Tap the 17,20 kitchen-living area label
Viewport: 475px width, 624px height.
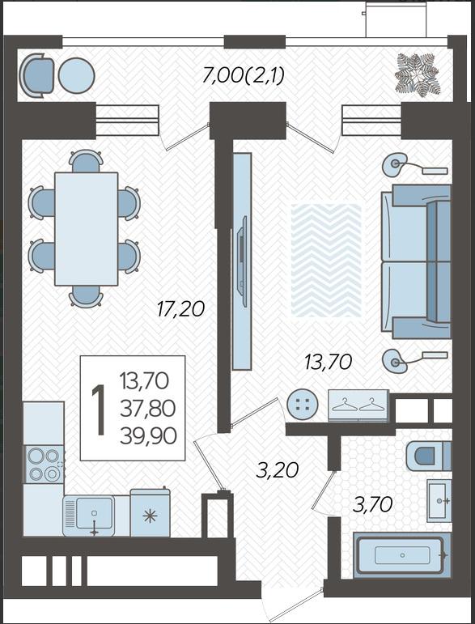click(180, 309)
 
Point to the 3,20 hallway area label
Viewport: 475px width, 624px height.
click(277, 470)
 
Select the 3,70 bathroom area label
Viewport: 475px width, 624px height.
click(373, 505)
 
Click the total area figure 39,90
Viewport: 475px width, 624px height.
click(148, 436)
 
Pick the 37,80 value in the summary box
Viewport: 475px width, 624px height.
click(147, 408)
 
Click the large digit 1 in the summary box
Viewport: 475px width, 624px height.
click(98, 410)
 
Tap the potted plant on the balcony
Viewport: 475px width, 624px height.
click(418, 74)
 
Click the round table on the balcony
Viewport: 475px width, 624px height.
click(76, 75)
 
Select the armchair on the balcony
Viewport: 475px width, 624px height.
click(36, 75)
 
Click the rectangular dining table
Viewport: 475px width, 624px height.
click(87, 229)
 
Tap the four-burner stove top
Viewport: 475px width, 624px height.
click(44, 465)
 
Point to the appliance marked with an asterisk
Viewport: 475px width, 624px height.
click(151, 512)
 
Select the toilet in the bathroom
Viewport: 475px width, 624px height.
click(429, 456)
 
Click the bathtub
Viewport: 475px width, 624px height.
click(402, 555)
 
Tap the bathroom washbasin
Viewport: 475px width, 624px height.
click(439, 501)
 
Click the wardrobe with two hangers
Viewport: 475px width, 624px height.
click(358, 405)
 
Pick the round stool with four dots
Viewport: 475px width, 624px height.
click(303, 404)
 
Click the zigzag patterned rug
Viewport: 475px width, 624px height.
click(326, 261)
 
